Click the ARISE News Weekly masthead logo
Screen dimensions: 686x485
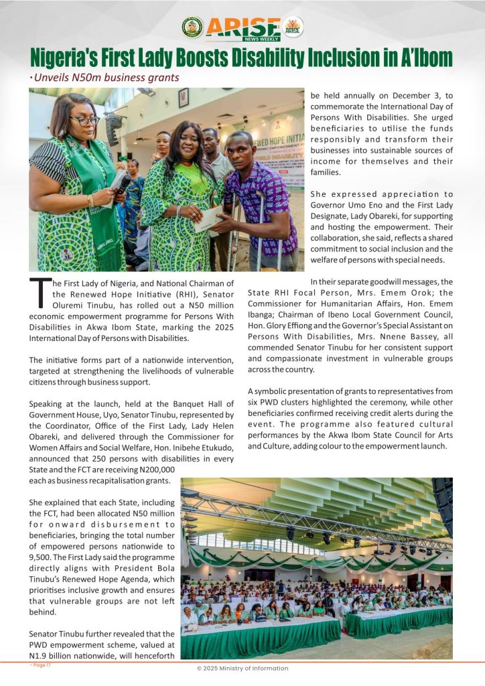242,28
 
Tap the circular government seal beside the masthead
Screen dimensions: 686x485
192,27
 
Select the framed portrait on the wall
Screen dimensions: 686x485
184,98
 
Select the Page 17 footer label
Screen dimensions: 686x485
40,665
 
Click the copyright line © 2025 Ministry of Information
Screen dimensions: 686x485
242,669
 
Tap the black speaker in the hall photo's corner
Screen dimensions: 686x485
443,496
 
